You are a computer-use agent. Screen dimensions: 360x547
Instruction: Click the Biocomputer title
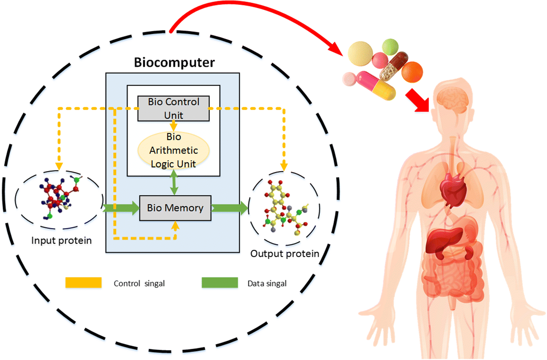tap(174, 62)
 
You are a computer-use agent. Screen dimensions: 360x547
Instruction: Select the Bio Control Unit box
tap(174, 108)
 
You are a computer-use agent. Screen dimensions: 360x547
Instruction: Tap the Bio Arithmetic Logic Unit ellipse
tap(174, 150)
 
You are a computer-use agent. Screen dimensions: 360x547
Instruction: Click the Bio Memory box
tap(175, 208)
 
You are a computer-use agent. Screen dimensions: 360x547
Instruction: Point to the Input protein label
tap(61, 241)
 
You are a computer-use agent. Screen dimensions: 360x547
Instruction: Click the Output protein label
tap(285, 254)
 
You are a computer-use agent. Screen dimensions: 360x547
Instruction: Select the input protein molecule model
tap(59, 197)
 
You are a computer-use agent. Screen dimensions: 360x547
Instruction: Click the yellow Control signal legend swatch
tap(83, 283)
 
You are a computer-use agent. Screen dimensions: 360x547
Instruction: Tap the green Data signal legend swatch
tap(219, 283)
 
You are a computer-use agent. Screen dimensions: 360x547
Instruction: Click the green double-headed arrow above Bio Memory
tap(174, 182)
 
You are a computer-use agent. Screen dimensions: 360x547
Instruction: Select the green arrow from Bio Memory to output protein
tap(230, 208)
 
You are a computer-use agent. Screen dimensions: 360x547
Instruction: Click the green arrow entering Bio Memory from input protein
tap(121, 208)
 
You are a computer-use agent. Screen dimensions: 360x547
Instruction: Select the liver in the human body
tap(444, 241)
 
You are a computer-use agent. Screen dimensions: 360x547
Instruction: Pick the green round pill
tap(390, 47)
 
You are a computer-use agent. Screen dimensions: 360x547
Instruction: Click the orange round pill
tap(412, 72)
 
